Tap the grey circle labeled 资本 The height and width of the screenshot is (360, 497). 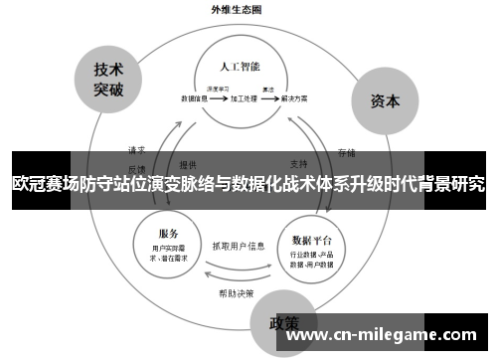click(385, 101)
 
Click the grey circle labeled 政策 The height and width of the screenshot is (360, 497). click(285, 323)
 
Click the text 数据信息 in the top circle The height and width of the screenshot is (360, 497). click(196, 99)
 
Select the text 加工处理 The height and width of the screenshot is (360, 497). click(244, 99)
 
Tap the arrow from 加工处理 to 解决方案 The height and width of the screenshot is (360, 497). click(268, 99)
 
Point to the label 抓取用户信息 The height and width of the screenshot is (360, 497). click(239, 245)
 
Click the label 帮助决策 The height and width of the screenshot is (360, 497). click(237, 293)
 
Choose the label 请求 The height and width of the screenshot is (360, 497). click(137, 149)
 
